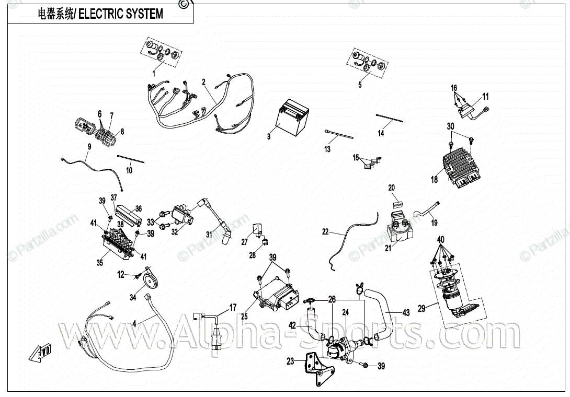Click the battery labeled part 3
pyautogui.click(x=293, y=118)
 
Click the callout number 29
pyautogui.click(x=421, y=308)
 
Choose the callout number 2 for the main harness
pyautogui.click(x=203, y=81)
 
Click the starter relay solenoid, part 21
pyautogui.click(x=400, y=226)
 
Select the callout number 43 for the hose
pyautogui.click(x=406, y=312)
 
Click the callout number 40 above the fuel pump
pyautogui.click(x=441, y=240)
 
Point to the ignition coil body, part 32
pyautogui.click(x=183, y=215)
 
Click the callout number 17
pyautogui.click(x=233, y=308)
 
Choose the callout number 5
pyautogui.click(x=360, y=85)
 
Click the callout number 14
pyautogui.click(x=381, y=133)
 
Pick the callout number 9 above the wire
pyautogui.click(x=89, y=147)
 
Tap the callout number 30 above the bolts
pyautogui.click(x=451, y=126)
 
